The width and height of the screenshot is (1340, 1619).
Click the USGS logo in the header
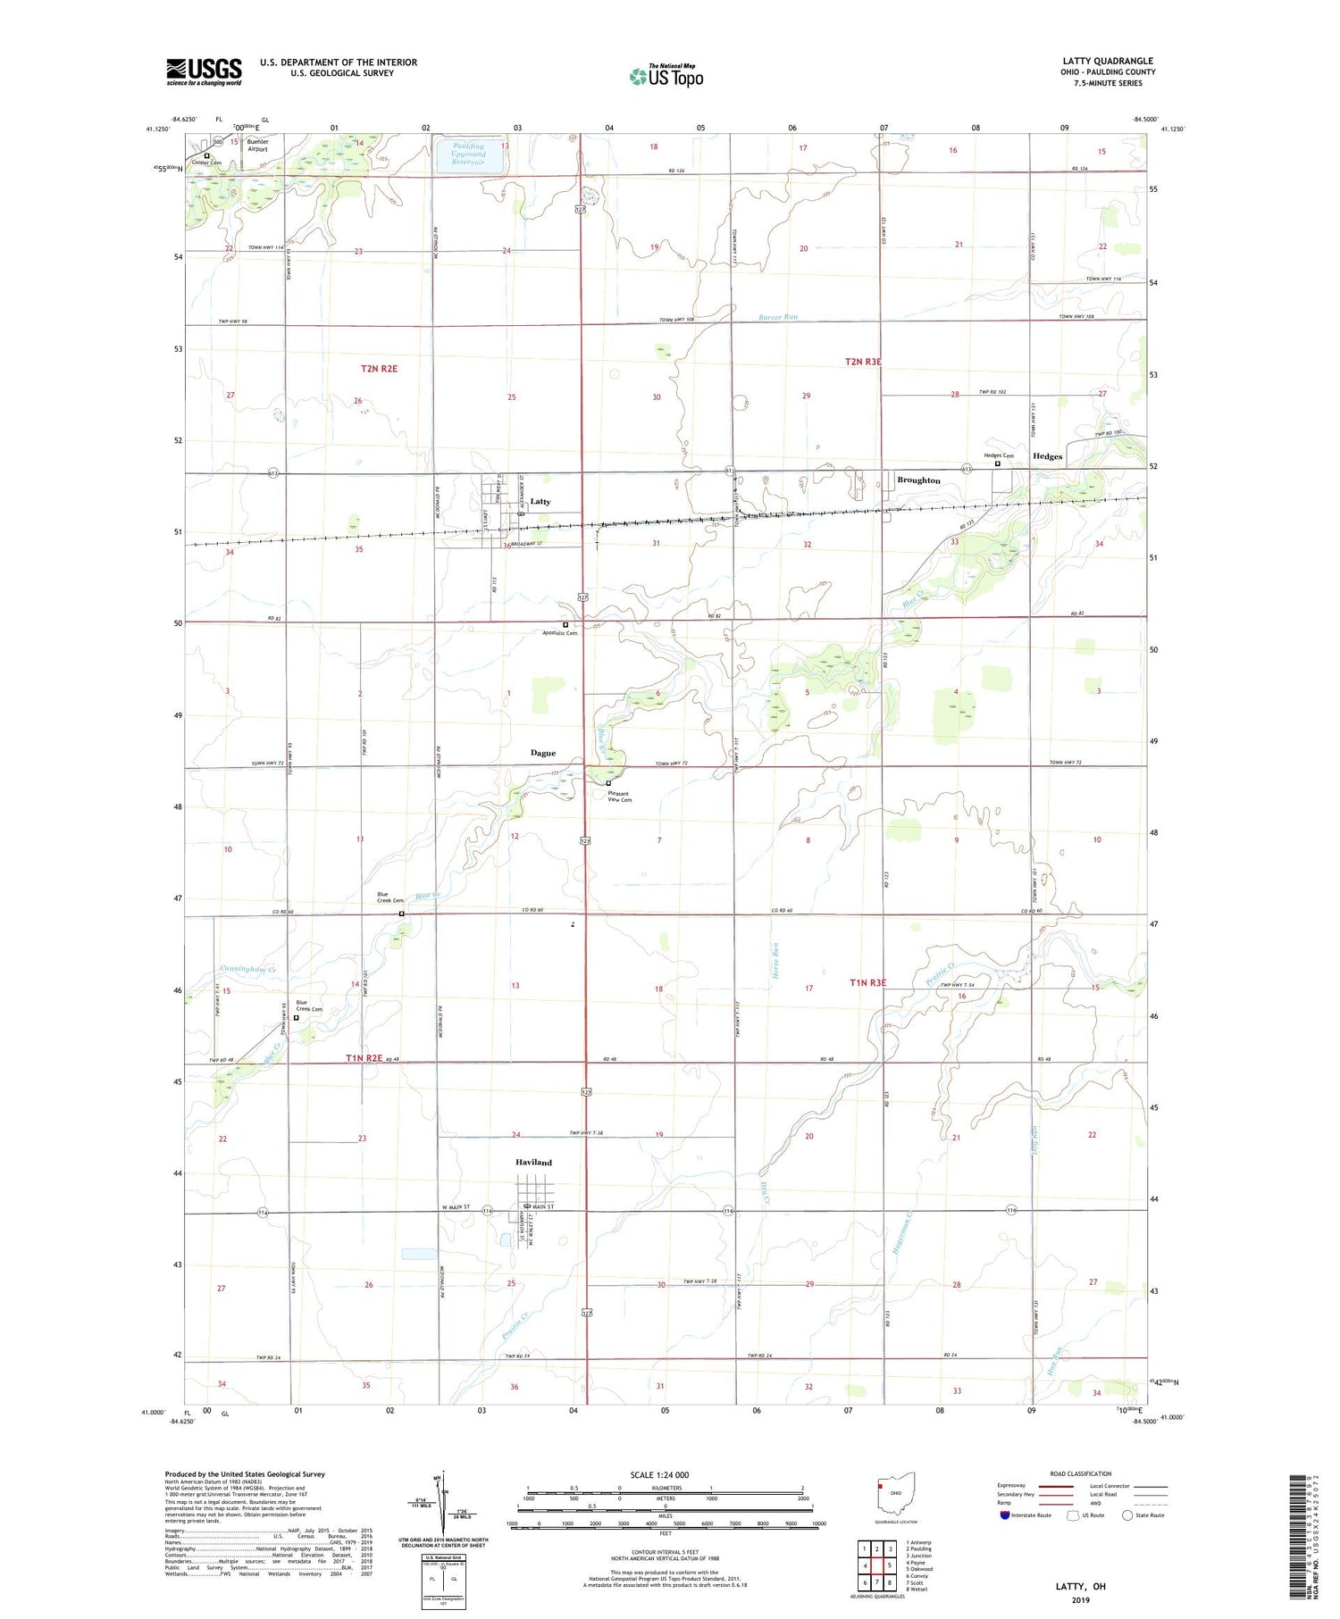[204, 71]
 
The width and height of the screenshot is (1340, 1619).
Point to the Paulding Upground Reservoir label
[468, 154]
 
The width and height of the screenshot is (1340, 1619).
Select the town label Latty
[540, 502]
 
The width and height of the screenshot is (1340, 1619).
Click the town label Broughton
[918, 480]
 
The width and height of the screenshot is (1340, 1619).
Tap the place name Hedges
[1047, 456]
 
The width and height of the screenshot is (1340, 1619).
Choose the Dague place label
[542, 753]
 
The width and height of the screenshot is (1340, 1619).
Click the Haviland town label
[533, 1163]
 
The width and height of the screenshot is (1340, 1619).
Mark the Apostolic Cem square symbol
[565, 624]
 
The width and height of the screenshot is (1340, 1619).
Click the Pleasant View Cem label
[619, 797]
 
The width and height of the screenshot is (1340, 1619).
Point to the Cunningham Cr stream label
[248, 969]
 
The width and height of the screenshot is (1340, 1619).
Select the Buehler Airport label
[257, 146]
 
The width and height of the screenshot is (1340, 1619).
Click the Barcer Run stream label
[778, 317]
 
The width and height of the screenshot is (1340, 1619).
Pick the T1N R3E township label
[867, 983]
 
